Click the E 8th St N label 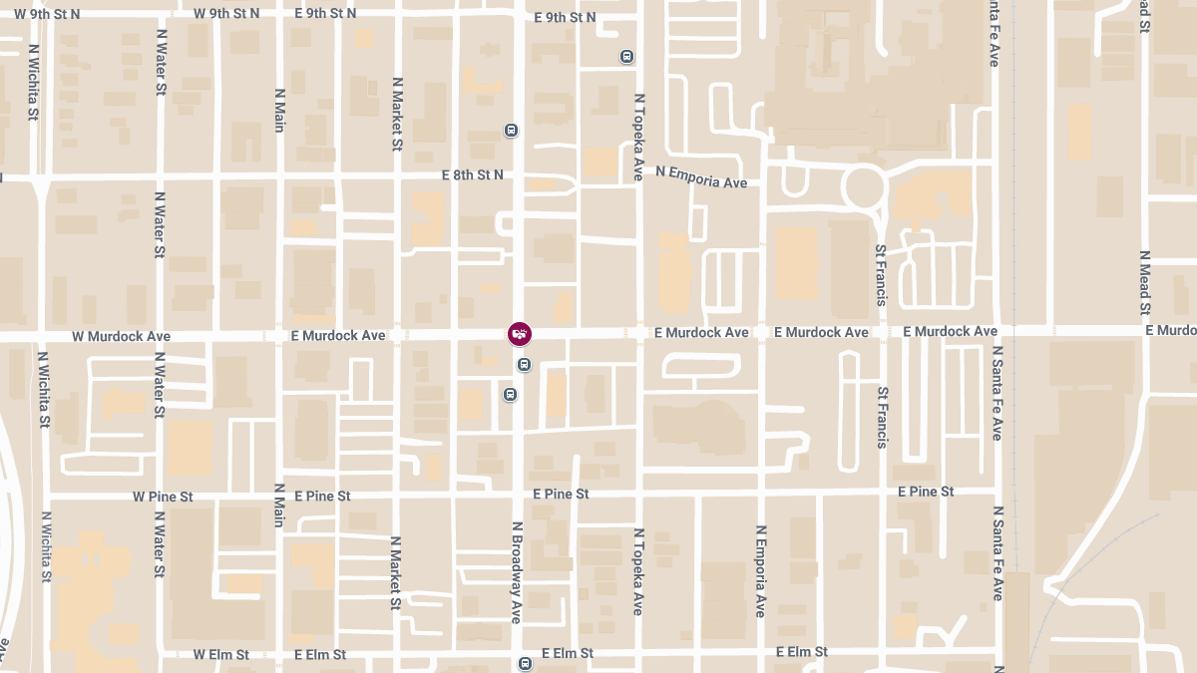tap(472, 174)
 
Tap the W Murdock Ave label tap(121, 337)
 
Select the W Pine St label tap(163, 497)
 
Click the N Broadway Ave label tap(517, 572)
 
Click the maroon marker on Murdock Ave tap(520, 334)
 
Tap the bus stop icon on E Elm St tap(526, 663)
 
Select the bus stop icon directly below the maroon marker tap(523, 365)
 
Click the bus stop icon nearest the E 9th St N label tap(626, 56)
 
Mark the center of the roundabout tap(864, 186)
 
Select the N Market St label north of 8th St tap(397, 114)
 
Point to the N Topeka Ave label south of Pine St tap(638, 570)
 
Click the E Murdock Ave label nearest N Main tap(338, 336)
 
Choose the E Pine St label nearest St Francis tap(926, 492)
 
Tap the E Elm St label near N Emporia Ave tap(802, 652)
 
